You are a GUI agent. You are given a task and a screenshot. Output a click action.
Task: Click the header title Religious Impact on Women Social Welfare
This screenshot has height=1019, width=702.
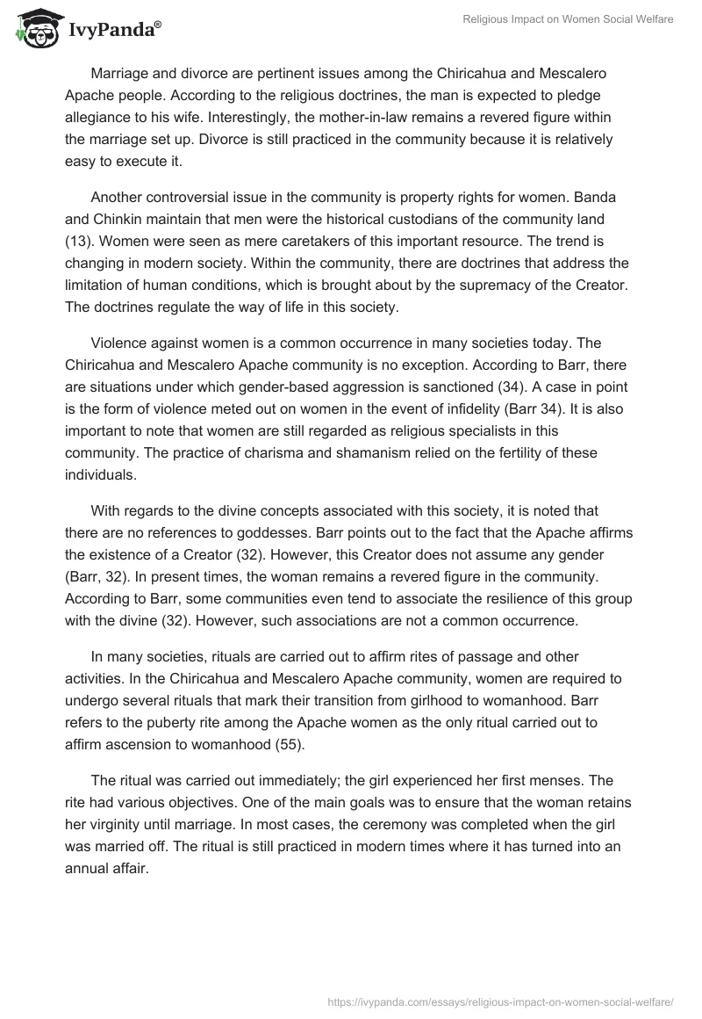(x=569, y=18)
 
